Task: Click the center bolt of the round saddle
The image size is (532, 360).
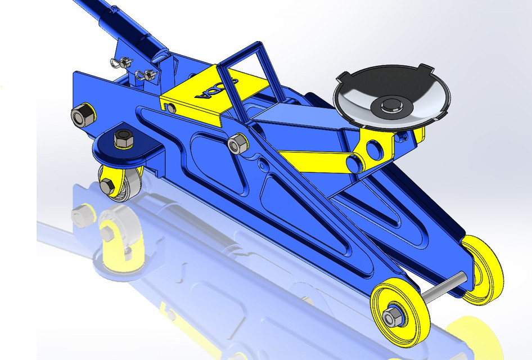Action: [389, 105]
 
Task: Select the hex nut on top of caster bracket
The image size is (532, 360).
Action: [123, 137]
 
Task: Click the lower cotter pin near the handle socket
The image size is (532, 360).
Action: [147, 73]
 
